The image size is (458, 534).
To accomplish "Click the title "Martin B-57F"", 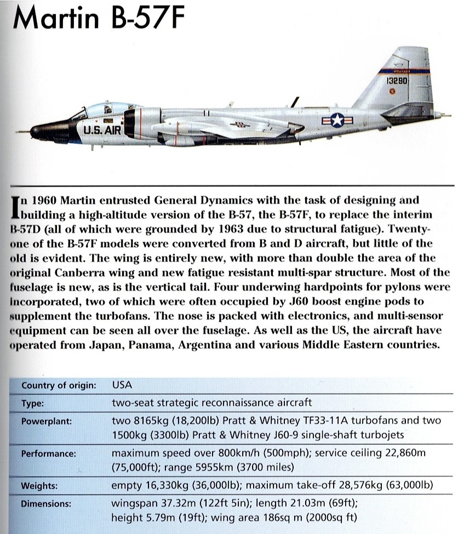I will click(x=99, y=20).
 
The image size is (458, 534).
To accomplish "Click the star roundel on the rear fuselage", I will click(x=337, y=120).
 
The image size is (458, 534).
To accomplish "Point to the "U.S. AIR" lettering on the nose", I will click(x=101, y=130).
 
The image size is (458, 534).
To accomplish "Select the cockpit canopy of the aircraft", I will click(x=104, y=110).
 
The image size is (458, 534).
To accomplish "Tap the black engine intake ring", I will click(x=130, y=123).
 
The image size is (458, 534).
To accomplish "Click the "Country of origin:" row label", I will click(x=59, y=385).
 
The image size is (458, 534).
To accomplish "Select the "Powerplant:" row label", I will click(x=46, y=422).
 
